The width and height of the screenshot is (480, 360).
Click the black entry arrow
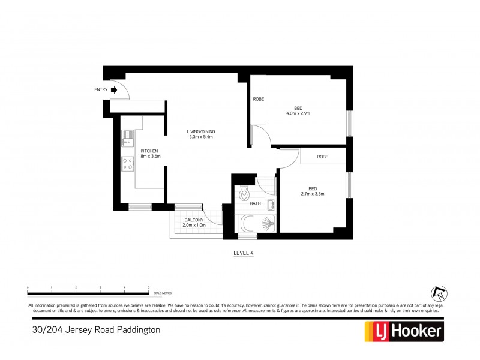coord(114,90)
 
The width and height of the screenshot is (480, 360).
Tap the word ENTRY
coord(101,90)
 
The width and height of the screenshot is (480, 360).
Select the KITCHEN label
coord(149,151)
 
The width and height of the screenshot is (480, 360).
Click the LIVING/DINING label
coord(201,131)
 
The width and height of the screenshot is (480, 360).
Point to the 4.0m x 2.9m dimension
coord(298,113)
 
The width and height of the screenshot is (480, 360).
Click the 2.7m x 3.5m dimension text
coord(312,194)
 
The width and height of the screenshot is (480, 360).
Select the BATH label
coord(255,204)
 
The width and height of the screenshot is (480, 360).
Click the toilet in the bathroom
coord(244,194)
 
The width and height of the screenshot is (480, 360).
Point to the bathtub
coord(257,225)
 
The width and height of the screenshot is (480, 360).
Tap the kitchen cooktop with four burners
coord(127,164)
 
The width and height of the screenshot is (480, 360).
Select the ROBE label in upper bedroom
coord(259,99)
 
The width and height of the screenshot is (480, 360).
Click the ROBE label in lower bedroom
coord(322,157)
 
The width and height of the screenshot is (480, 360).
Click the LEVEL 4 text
coord(243,253)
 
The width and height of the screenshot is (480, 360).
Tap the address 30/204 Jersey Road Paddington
coord(95,329)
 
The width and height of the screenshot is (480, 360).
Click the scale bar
coord(88,293)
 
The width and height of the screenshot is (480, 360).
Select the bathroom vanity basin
coord(271,205)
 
